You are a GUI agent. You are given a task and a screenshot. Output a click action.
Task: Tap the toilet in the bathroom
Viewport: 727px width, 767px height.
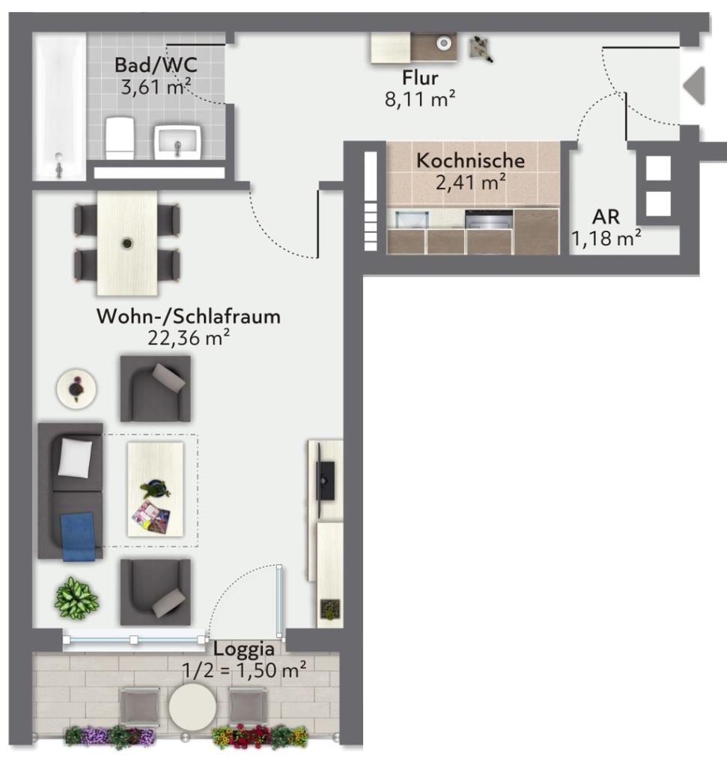120,138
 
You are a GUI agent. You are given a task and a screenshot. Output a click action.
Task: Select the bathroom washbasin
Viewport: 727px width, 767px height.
177,142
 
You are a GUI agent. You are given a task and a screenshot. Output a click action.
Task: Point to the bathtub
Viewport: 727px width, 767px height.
60,105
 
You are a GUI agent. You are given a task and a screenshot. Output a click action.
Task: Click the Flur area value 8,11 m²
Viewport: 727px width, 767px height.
420,100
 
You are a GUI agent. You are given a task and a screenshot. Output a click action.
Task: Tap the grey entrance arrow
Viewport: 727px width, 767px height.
694,85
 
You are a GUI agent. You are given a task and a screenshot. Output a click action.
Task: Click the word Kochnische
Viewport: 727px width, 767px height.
470,160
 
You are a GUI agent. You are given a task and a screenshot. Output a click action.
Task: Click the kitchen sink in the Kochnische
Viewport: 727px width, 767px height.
412,219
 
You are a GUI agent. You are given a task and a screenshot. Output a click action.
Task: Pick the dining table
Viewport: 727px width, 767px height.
127,243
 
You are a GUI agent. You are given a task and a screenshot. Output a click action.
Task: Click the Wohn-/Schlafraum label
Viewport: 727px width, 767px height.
189,317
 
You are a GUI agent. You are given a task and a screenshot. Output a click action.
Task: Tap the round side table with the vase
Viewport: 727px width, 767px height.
76,389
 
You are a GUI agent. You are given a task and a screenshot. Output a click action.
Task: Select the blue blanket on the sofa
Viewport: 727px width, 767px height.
77,536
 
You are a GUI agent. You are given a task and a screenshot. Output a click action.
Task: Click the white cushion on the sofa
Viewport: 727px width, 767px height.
75,458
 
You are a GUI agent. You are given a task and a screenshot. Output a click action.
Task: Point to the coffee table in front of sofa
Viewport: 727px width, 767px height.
156,489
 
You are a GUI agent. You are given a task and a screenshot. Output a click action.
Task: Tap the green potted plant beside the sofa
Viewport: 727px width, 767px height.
76,598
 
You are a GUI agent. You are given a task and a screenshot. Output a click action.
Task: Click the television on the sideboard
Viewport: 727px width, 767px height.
325,481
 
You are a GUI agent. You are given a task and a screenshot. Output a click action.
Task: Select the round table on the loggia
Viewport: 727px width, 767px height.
192,707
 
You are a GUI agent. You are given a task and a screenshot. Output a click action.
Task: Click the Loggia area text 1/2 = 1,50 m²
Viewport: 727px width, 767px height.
244,670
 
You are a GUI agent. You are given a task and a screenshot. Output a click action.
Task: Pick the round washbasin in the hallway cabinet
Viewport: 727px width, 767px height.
443,43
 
